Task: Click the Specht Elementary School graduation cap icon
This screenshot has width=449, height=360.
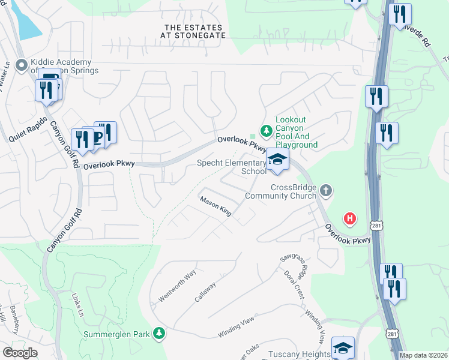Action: (x=277, y=160)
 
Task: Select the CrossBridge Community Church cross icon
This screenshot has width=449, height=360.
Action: (x=326, y=191)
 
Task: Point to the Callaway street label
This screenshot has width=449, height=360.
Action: (x=205, y=292)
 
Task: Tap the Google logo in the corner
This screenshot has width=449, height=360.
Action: (x=20, y=353)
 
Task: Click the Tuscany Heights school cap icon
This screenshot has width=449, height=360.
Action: (x=343, y=347)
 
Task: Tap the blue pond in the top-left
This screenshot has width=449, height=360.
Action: (x=26, y=21)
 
